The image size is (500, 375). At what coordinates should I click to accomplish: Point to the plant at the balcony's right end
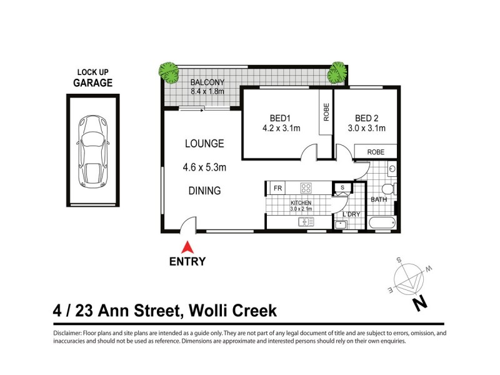click(x=337, y=72)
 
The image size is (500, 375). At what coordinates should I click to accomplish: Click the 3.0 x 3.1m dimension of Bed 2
click(x=370, y=129)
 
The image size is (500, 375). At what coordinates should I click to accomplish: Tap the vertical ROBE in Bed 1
click(x=326, y=112)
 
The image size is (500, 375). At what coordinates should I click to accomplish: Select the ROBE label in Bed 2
click(x=376, y=152)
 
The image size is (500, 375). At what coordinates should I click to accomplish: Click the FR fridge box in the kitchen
click(x=277, y=187)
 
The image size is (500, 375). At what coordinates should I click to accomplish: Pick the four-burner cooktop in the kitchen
click(x=306, y=187)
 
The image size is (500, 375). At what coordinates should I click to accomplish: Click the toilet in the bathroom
click(x=387, y=188)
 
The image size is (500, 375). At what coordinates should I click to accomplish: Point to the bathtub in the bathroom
click(x=382, y=222)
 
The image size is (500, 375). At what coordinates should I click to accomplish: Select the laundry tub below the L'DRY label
click(x=342, y=224)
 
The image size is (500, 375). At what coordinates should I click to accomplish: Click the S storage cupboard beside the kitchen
click(x=342, y=187)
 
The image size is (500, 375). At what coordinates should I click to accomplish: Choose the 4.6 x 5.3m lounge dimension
click(x=204, y=167)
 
